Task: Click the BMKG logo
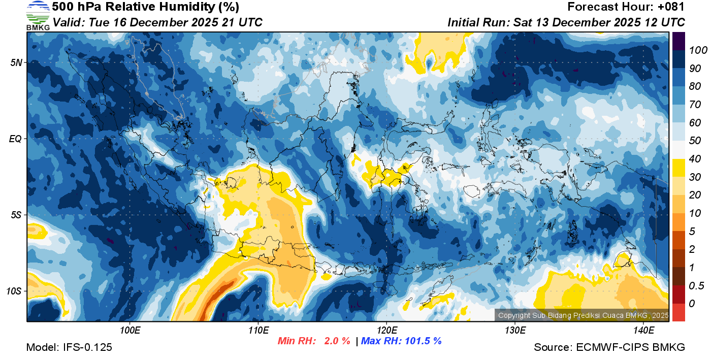(x=38, y=15)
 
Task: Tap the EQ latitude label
(x=16, y=139)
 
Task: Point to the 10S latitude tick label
(x=14, y=291)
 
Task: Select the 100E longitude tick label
(x=130, y=331)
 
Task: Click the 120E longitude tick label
(x=386, y=331)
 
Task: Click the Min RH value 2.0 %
(x=337, y=341)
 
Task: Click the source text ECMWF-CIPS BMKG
(x=631, y=347)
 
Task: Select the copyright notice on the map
(x=583, y=315)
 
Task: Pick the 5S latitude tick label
(x=16, y=215)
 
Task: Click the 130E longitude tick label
(x=515, y=331)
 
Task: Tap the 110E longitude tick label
(x=258, y=331)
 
